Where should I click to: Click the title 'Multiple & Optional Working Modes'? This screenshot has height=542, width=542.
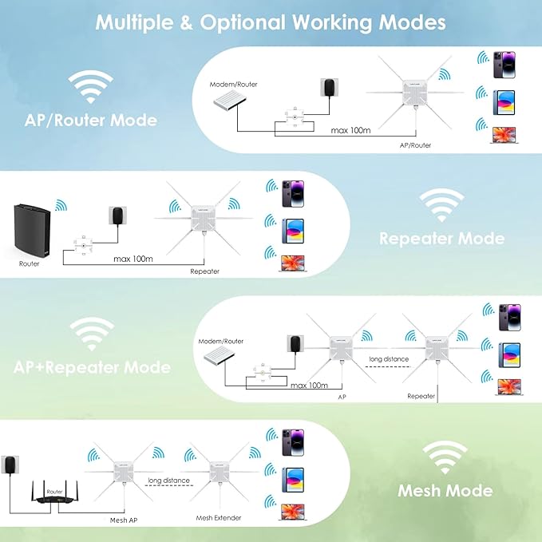click(271, 22)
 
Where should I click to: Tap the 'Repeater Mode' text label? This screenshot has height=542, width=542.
click(441, 238)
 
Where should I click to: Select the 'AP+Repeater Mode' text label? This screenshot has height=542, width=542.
click(92, 367)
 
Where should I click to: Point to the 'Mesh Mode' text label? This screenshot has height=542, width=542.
click(445, 490)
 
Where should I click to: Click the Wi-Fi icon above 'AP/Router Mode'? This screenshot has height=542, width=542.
click(89, 86)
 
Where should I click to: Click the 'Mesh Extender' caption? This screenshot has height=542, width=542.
click(219, 518)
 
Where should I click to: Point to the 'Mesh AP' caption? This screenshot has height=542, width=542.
click(123, 519)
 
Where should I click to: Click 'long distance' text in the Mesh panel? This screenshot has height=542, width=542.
click(168, 481)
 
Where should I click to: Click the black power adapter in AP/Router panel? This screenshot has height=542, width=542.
click(326, 89)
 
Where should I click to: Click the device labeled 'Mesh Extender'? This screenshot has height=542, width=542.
click(217, 477)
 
